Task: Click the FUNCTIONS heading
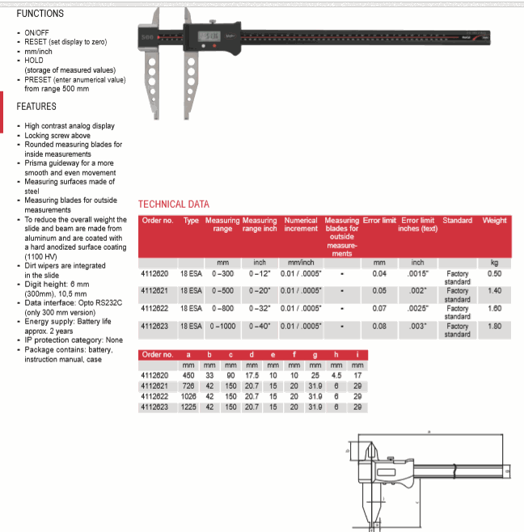click(x=40, y=14)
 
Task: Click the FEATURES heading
click(x=36, y=106)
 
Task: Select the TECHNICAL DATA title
click(x=174, y=205)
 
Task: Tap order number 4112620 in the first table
click(x=157, y=274)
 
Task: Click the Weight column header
click(x=494, y=220)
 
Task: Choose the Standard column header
click(x=457, y=220)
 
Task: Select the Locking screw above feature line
click(x=57, y=135)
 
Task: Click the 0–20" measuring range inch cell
click(x=260, y=291)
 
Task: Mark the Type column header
click(x=191, y=220)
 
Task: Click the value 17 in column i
click(x=357, y=377)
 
